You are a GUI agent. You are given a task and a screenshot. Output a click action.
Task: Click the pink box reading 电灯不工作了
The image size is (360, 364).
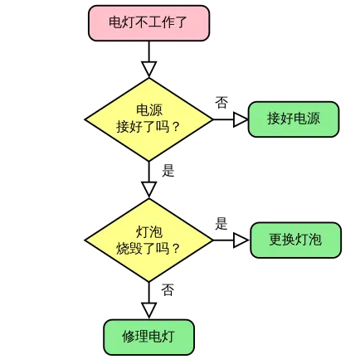(148, 22)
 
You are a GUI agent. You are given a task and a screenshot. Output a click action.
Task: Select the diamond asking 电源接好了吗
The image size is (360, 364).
(148, 119)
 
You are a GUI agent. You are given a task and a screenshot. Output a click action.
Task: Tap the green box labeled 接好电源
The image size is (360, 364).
(294, 119)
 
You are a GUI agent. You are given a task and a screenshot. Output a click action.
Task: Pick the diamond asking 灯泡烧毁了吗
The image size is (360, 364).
(148, 240)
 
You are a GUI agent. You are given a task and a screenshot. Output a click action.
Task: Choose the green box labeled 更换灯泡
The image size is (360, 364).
(295, 240)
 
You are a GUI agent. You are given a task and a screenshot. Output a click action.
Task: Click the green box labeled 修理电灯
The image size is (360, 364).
(148, 337)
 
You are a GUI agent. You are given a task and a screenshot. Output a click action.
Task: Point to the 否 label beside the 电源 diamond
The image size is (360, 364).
(221, 102)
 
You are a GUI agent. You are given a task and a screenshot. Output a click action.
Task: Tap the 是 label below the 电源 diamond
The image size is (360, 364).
(168, 170)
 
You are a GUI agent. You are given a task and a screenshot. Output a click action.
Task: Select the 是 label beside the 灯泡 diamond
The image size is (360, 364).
(221, 223)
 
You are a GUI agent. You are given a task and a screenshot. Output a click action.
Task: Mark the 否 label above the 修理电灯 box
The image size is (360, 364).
(168, 290)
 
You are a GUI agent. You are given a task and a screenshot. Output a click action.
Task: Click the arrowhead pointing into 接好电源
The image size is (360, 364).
(241, 119)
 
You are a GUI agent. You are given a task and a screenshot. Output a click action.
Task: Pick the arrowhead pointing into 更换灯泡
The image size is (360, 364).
(241, 240)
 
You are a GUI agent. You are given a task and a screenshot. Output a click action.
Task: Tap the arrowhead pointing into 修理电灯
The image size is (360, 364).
(148, 310)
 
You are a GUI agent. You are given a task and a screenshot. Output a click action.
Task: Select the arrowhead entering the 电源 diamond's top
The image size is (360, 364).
(148, 70)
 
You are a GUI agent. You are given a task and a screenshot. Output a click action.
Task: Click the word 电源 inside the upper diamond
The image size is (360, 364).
(149, 109)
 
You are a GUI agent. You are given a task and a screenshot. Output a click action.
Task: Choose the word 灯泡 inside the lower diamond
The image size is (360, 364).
(149, 231)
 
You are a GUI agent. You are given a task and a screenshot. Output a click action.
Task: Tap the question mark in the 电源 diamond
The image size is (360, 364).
(176, 128)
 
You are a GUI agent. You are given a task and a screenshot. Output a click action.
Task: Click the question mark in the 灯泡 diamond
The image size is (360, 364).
(176, 248)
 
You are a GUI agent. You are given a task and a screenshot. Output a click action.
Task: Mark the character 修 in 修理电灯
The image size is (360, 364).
(129, 337)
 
